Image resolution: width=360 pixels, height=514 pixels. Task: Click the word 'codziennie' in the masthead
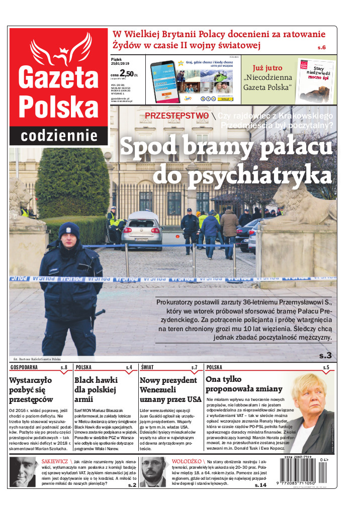59,136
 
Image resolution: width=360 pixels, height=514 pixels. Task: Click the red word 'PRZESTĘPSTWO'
176,116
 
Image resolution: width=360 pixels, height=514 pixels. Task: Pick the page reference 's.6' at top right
321,47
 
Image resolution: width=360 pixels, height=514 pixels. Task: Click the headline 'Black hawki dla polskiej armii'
96,390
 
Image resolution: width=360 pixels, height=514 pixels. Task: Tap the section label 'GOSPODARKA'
25,368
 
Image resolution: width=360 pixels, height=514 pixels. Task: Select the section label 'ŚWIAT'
147,368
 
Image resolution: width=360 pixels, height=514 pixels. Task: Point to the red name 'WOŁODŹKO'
187,461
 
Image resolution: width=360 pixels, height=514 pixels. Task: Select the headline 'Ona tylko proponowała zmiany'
244,384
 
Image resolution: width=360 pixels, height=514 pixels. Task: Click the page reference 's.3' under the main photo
325,356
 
